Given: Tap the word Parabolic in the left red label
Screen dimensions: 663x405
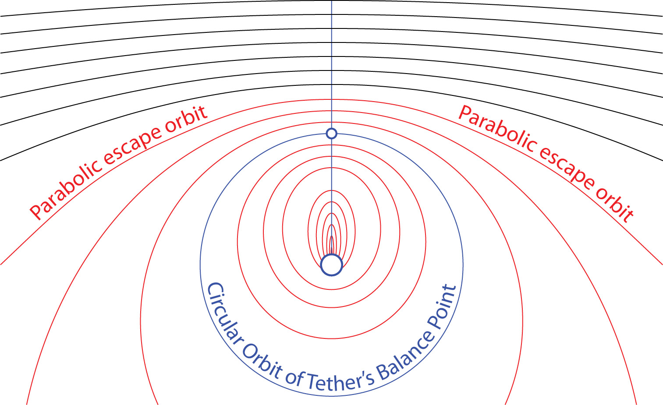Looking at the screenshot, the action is coord(66,189).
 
